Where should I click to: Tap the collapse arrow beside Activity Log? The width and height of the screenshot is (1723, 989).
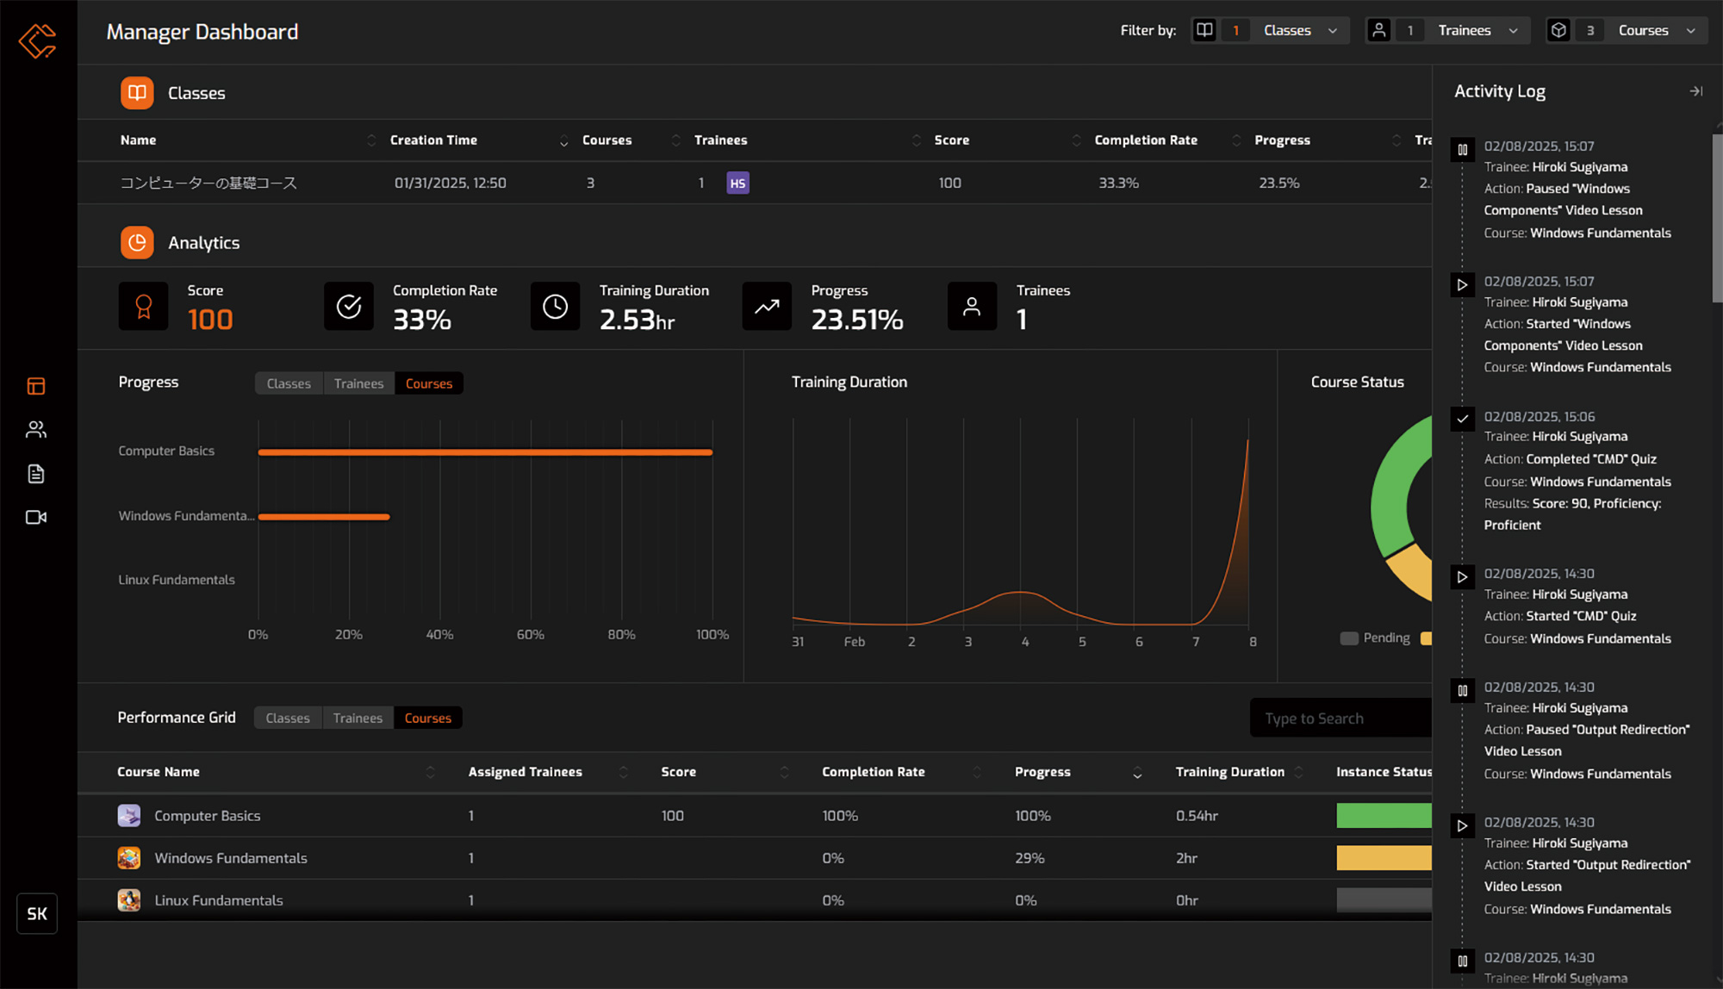(1695, 91)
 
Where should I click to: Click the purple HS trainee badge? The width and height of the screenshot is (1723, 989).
(737, 183)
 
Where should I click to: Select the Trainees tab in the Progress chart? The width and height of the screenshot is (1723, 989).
(358, 383)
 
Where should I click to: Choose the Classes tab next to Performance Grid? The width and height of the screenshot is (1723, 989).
(288, 718)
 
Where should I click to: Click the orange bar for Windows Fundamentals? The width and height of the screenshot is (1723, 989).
(324, 517)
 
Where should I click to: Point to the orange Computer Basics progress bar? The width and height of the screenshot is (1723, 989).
(485, 452)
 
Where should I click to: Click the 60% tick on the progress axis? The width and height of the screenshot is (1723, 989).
(531, 635)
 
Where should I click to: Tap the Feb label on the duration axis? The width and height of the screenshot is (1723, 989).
(854, 642)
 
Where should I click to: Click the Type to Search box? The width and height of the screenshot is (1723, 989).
(1340, 718)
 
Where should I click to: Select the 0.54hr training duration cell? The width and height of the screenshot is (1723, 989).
(1197, 816)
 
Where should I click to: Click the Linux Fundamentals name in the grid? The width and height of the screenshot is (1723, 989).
(219, 900)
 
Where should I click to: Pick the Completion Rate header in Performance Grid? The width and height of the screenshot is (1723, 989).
(873, 772)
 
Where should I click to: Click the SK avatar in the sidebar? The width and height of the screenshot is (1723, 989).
(37, 914)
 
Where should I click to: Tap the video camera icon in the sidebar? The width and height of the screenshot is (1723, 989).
(36, 517)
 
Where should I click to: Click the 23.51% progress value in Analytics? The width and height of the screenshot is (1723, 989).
(856, 320)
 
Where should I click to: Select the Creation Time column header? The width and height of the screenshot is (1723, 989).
(433, 140)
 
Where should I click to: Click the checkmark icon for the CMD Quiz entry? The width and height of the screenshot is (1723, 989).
(1462, 419)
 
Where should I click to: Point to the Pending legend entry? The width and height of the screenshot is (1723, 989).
(1376, 638)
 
